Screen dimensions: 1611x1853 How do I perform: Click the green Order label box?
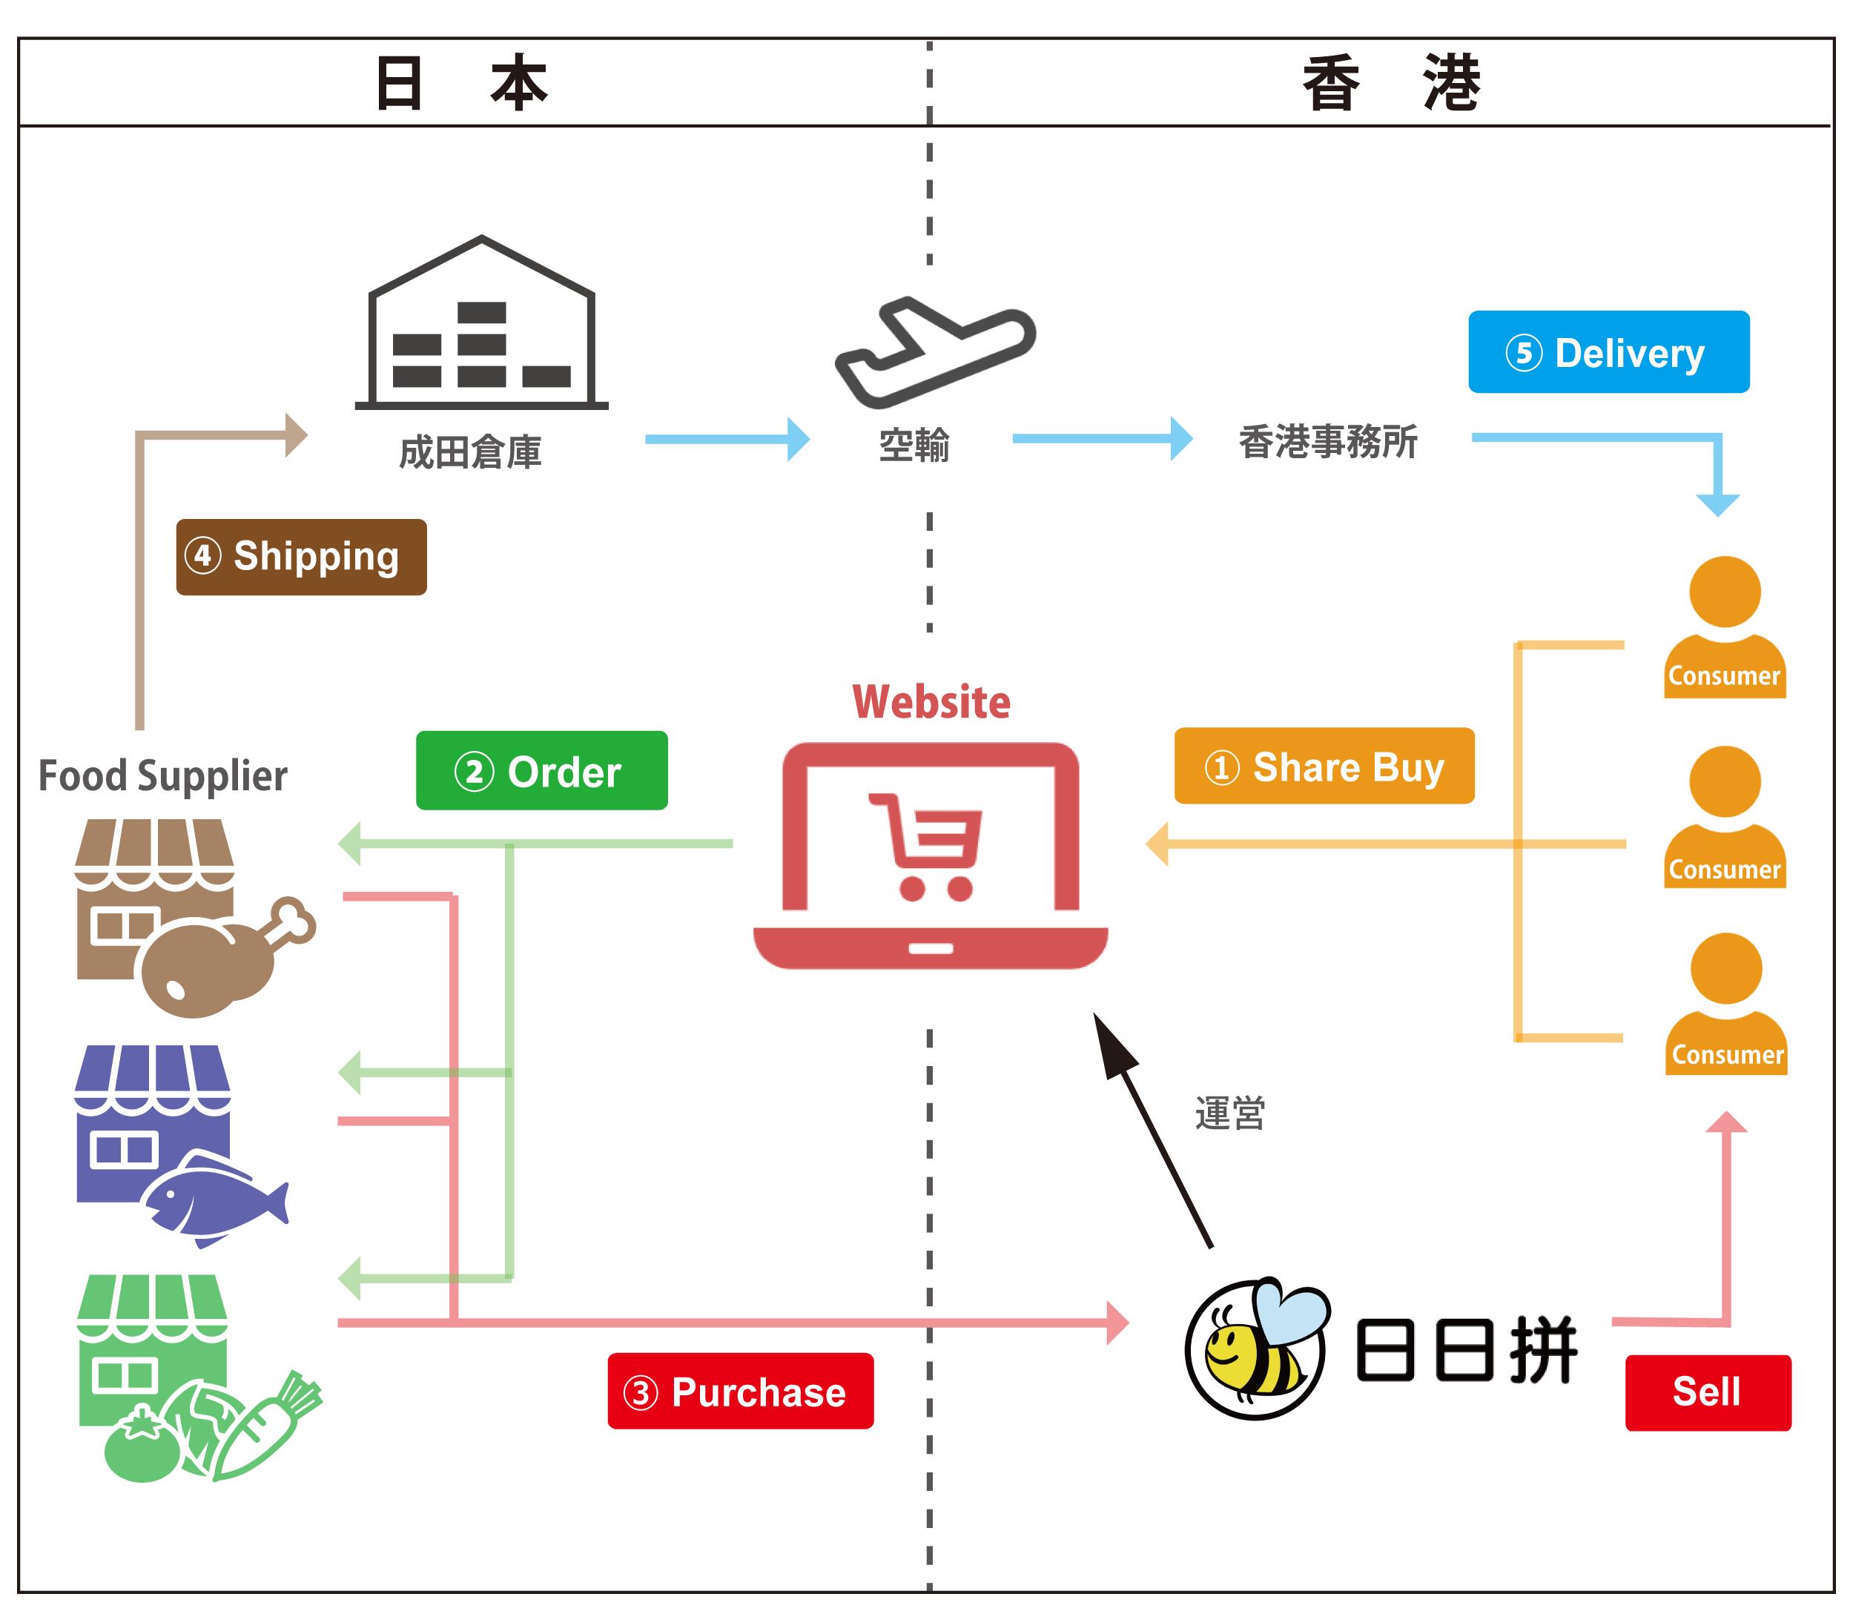point(541,770)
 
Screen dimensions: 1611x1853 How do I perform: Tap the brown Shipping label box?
point(301,557)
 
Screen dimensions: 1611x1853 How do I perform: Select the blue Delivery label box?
point(1608,352)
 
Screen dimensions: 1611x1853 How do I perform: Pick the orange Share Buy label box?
point(1324,766)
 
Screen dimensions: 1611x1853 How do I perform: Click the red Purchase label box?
point(740,1391)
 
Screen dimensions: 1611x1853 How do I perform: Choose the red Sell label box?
point(1708,1392)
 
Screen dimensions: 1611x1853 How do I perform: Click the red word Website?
point(931,702)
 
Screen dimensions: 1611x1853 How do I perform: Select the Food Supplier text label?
point(162,775)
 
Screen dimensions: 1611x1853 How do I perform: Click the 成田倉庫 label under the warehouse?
point(470,452)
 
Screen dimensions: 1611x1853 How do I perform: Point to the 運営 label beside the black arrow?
point(1230,1113)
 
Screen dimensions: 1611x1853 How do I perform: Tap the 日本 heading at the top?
point(460,84)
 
